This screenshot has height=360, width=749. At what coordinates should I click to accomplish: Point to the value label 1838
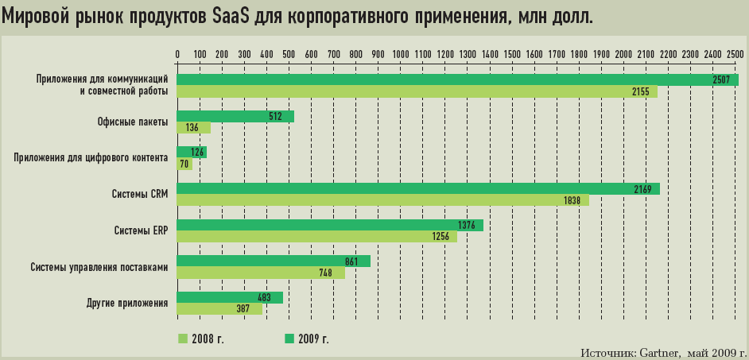572,201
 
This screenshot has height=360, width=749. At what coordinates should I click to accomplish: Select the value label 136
192,128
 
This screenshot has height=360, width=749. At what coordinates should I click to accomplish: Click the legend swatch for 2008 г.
183,339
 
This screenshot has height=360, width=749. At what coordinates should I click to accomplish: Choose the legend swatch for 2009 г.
290,339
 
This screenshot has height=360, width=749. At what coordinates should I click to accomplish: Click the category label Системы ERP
142,231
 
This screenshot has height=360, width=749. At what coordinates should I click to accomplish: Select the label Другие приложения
126,304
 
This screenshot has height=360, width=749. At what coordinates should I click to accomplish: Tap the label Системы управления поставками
99,267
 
